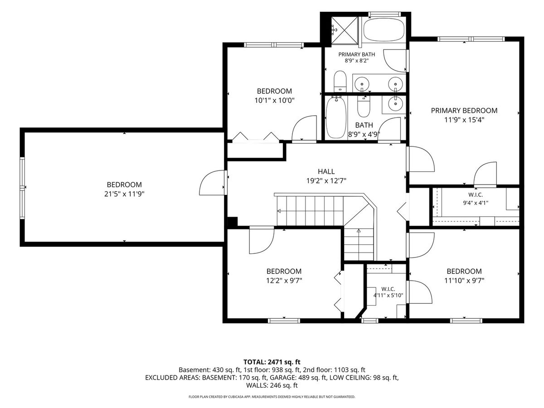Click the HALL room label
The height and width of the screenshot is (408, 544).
pos(326,171)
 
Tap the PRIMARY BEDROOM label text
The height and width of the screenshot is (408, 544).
pos(464,111)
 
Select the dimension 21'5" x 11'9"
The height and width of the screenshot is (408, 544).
pos(124,194)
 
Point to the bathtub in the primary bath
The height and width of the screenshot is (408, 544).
pos(384,30)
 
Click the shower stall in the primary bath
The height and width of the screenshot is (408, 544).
pos(345,30)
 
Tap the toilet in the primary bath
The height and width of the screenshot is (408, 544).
pos(340,81)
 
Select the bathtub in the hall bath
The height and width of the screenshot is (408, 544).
pos(336,118)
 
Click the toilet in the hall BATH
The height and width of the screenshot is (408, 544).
pos(364,107)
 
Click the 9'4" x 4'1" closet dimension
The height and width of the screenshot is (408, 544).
pos(476,203)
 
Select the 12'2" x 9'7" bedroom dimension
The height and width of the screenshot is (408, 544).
pos(284,281)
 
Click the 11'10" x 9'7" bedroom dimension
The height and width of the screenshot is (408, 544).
pos(464,281)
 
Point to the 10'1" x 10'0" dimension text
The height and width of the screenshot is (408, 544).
pos(274,101)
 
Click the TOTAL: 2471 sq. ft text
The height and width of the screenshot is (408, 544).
pos(272,362)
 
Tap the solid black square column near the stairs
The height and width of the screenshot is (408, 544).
pos(233,222)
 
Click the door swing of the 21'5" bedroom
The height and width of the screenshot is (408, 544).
pos(212,183)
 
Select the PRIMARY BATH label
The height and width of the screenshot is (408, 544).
pos(357,54)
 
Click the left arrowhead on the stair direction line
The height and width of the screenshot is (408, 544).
pos(279,211)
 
